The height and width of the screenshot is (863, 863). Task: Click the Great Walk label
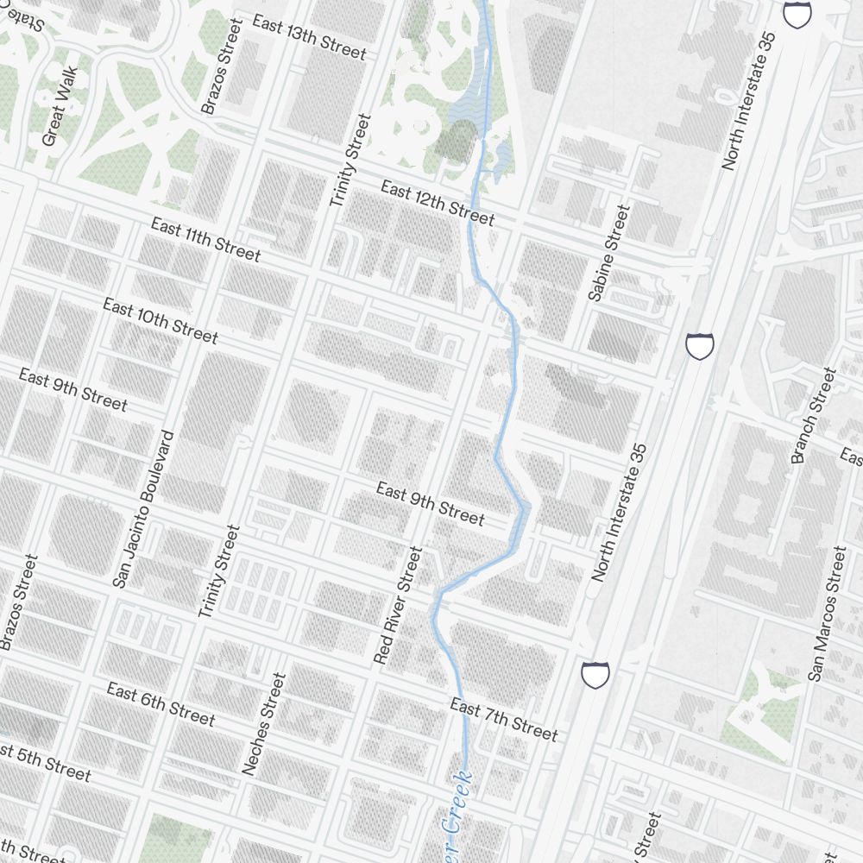(x=60, y=107)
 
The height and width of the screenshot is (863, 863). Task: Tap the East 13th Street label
(x=309, y=37)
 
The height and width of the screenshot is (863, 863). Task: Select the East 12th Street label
(x=438, y=203)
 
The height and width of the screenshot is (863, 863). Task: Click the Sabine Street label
(x=609, y=252)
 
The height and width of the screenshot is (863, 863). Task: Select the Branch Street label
(x=814, y=414)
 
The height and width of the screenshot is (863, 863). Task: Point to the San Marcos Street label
(x=827, y=613)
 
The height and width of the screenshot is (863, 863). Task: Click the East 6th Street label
(x=161, y=703)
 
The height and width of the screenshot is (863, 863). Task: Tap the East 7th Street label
(x=504, y=719)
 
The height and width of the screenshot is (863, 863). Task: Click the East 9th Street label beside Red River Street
(x=430, y=503)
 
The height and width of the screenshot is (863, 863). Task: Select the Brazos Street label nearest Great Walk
(x=222, y=66)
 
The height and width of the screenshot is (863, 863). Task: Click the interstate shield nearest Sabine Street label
(x=700, y=346)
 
